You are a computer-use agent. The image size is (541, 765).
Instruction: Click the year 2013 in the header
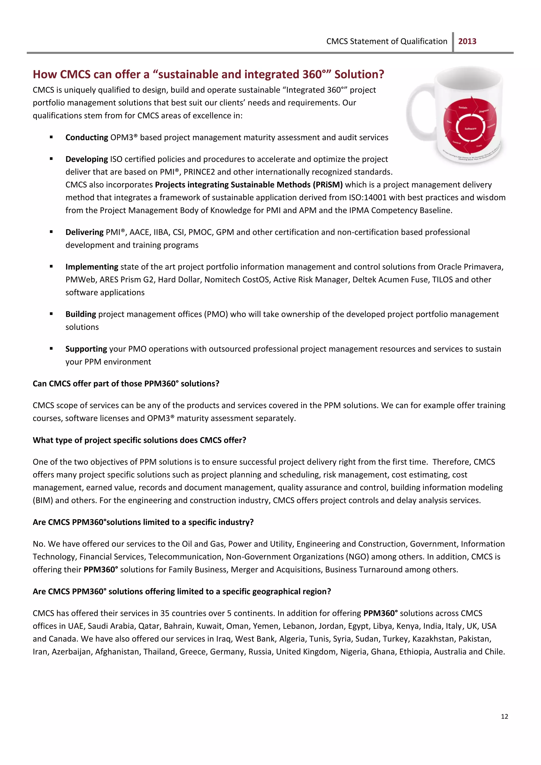467,41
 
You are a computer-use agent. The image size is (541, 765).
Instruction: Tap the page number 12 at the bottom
504,716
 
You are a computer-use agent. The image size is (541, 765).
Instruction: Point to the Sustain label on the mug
463,108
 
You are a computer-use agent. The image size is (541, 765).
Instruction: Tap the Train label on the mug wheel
479,146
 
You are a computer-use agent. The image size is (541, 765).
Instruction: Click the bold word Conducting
87,138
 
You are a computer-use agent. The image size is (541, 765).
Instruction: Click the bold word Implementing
92,267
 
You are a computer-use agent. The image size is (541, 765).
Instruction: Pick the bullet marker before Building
51,314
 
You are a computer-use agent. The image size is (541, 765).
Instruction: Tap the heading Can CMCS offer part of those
126,384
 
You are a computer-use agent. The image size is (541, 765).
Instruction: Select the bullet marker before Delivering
51,232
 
